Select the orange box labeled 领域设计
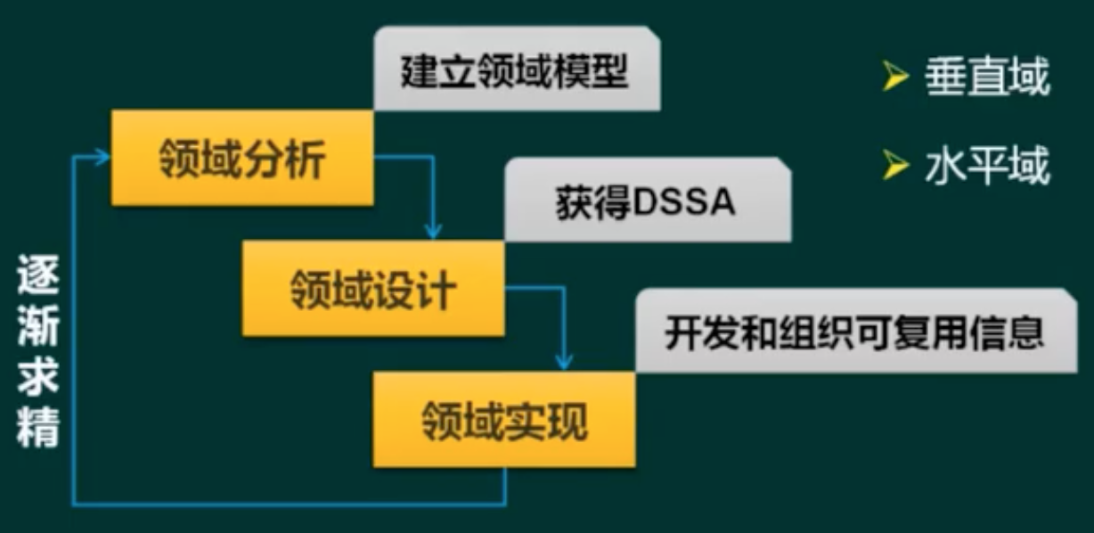tap(373, 289)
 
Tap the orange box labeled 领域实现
tap(504, 420)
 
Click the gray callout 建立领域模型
tap(516, 71)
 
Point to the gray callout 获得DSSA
tap(647, 202)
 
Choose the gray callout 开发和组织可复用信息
tap(855, 332)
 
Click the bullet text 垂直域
tap(986, 78)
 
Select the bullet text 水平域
tap(986, 166)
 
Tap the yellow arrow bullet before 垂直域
tap(894, 78)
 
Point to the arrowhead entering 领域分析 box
tap(103, 158)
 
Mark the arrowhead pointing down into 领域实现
tap(564, 362)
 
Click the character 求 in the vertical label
tap(38, 380)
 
